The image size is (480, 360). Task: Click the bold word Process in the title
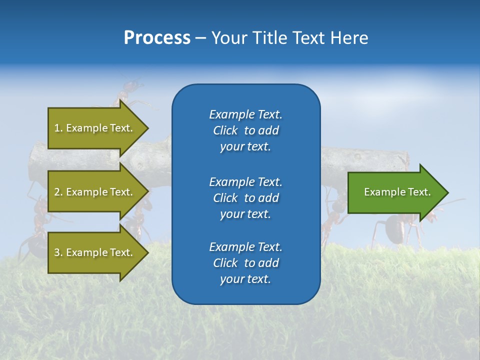[157, 38]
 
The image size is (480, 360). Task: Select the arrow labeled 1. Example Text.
[95, 128]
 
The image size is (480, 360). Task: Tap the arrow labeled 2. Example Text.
[95, 192]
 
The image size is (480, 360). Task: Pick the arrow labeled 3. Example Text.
[95, 252]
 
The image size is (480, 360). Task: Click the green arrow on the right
[395, 192]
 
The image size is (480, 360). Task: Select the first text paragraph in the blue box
[245, 130]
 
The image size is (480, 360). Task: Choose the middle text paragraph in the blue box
[245, 197]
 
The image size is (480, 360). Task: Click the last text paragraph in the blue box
[245, 263]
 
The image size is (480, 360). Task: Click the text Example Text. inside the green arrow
[397, 192]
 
